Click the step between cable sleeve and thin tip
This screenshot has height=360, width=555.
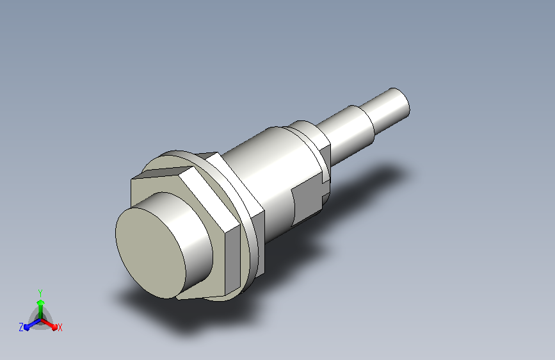(x=371, y=115)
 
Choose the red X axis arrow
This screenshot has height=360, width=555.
(x=51, y=323)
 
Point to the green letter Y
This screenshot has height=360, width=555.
(x=40, y=291)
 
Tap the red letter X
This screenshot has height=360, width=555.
(x=60, y=327)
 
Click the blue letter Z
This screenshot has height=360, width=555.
(x=21, y=327)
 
